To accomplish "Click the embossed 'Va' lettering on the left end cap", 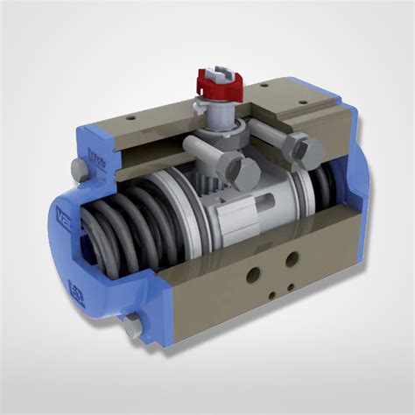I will click(67, 214).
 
